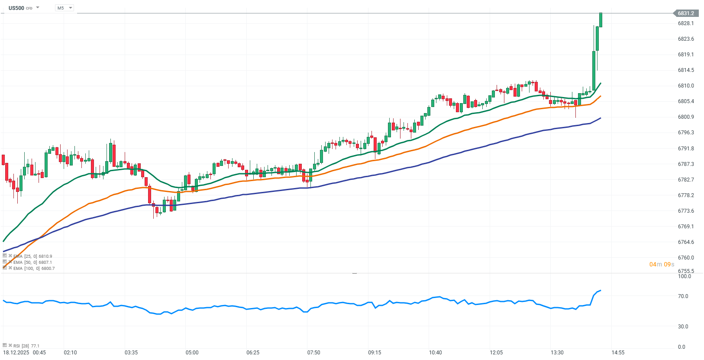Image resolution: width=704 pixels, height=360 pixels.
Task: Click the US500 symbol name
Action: (16, 8)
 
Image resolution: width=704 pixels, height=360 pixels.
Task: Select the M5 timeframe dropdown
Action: (65, 8)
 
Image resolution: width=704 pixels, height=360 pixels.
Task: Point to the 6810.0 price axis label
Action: (686, 86)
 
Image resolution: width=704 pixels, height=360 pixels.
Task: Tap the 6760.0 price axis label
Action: (686, 258)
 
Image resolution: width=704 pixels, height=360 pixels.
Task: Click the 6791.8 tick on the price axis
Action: (686, 149)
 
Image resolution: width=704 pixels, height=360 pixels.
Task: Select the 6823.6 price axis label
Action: (686, 39)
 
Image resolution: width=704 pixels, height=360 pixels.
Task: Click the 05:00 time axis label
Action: (192, 353)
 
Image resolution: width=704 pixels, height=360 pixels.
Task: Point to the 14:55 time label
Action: (618, 353)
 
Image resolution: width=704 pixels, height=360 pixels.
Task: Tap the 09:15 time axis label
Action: (375, 353)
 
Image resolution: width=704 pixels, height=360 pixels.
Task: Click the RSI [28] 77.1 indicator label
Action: (26, 346)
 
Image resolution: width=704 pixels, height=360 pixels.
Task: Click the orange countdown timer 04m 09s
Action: (662, 265)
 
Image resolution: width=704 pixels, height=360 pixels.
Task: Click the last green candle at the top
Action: (601, 20)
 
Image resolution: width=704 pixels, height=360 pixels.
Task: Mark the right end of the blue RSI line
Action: (601, 290)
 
